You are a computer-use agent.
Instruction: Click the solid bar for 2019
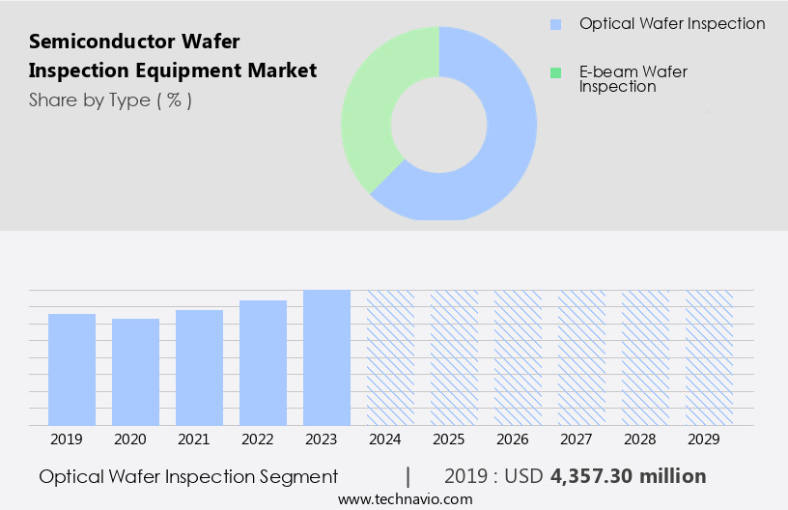72,369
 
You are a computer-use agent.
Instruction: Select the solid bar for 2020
135,372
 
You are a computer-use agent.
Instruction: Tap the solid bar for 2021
200,367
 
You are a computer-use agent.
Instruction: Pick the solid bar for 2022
264,362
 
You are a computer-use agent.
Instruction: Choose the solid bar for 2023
326,357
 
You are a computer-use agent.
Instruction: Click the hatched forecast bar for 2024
390,357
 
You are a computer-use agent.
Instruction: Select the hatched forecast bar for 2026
518,357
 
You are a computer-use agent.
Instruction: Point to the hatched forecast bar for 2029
709,357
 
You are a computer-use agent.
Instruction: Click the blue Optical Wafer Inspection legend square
555,24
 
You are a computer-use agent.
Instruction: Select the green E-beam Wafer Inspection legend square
555,72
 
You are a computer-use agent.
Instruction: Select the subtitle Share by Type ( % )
110,100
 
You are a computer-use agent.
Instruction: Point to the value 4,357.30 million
628,476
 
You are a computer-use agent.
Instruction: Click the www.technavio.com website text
405,499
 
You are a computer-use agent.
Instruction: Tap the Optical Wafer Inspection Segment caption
188,476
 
